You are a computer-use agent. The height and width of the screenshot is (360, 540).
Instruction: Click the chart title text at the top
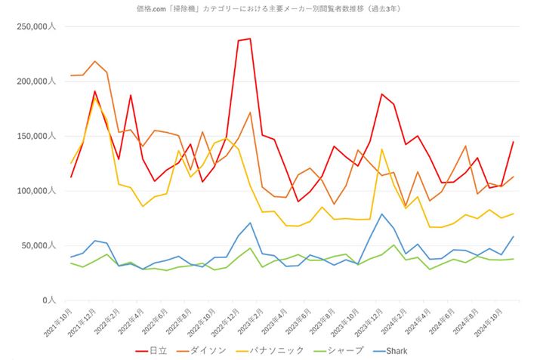coord(270,8)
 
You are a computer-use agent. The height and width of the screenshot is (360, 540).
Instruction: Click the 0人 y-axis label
coord(46,300)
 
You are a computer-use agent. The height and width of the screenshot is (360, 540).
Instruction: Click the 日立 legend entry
coord(151,350)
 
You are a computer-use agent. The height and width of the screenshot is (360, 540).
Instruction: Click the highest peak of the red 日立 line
coord(250,38)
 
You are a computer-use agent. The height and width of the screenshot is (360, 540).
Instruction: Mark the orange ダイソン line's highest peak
coord(94,61)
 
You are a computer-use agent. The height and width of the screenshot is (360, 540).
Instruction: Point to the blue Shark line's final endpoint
coord(513,236)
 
